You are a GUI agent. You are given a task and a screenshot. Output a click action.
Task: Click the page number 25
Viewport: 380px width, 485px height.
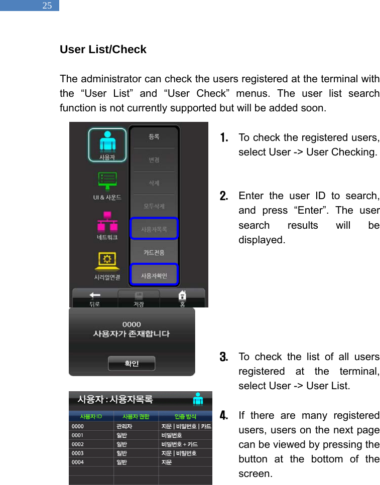tap(47, 6)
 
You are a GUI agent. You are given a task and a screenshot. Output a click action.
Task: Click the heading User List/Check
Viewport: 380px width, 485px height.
tap(103, 50)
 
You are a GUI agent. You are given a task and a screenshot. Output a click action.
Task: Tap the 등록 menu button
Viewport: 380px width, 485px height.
tap(154, 137)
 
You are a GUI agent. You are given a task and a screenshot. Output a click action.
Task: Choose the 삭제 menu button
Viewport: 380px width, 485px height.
tap(154, 184)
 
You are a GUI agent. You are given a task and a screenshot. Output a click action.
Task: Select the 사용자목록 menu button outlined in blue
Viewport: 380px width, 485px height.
tap(154, 229)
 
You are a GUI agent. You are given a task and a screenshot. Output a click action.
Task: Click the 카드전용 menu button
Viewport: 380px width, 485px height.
tap(154, 252)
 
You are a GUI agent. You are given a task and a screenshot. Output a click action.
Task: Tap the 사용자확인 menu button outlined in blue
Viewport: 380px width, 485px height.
tap(154, 275)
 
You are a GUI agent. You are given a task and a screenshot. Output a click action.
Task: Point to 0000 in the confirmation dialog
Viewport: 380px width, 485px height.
tap(132, 324)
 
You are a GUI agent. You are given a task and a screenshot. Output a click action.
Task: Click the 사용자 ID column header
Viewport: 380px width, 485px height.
tap(91, 416)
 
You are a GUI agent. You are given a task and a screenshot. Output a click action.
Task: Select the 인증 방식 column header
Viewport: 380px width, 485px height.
tap(185, 416)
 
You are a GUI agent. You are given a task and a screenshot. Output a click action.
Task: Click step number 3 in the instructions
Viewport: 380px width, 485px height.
tap(224, 357)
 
